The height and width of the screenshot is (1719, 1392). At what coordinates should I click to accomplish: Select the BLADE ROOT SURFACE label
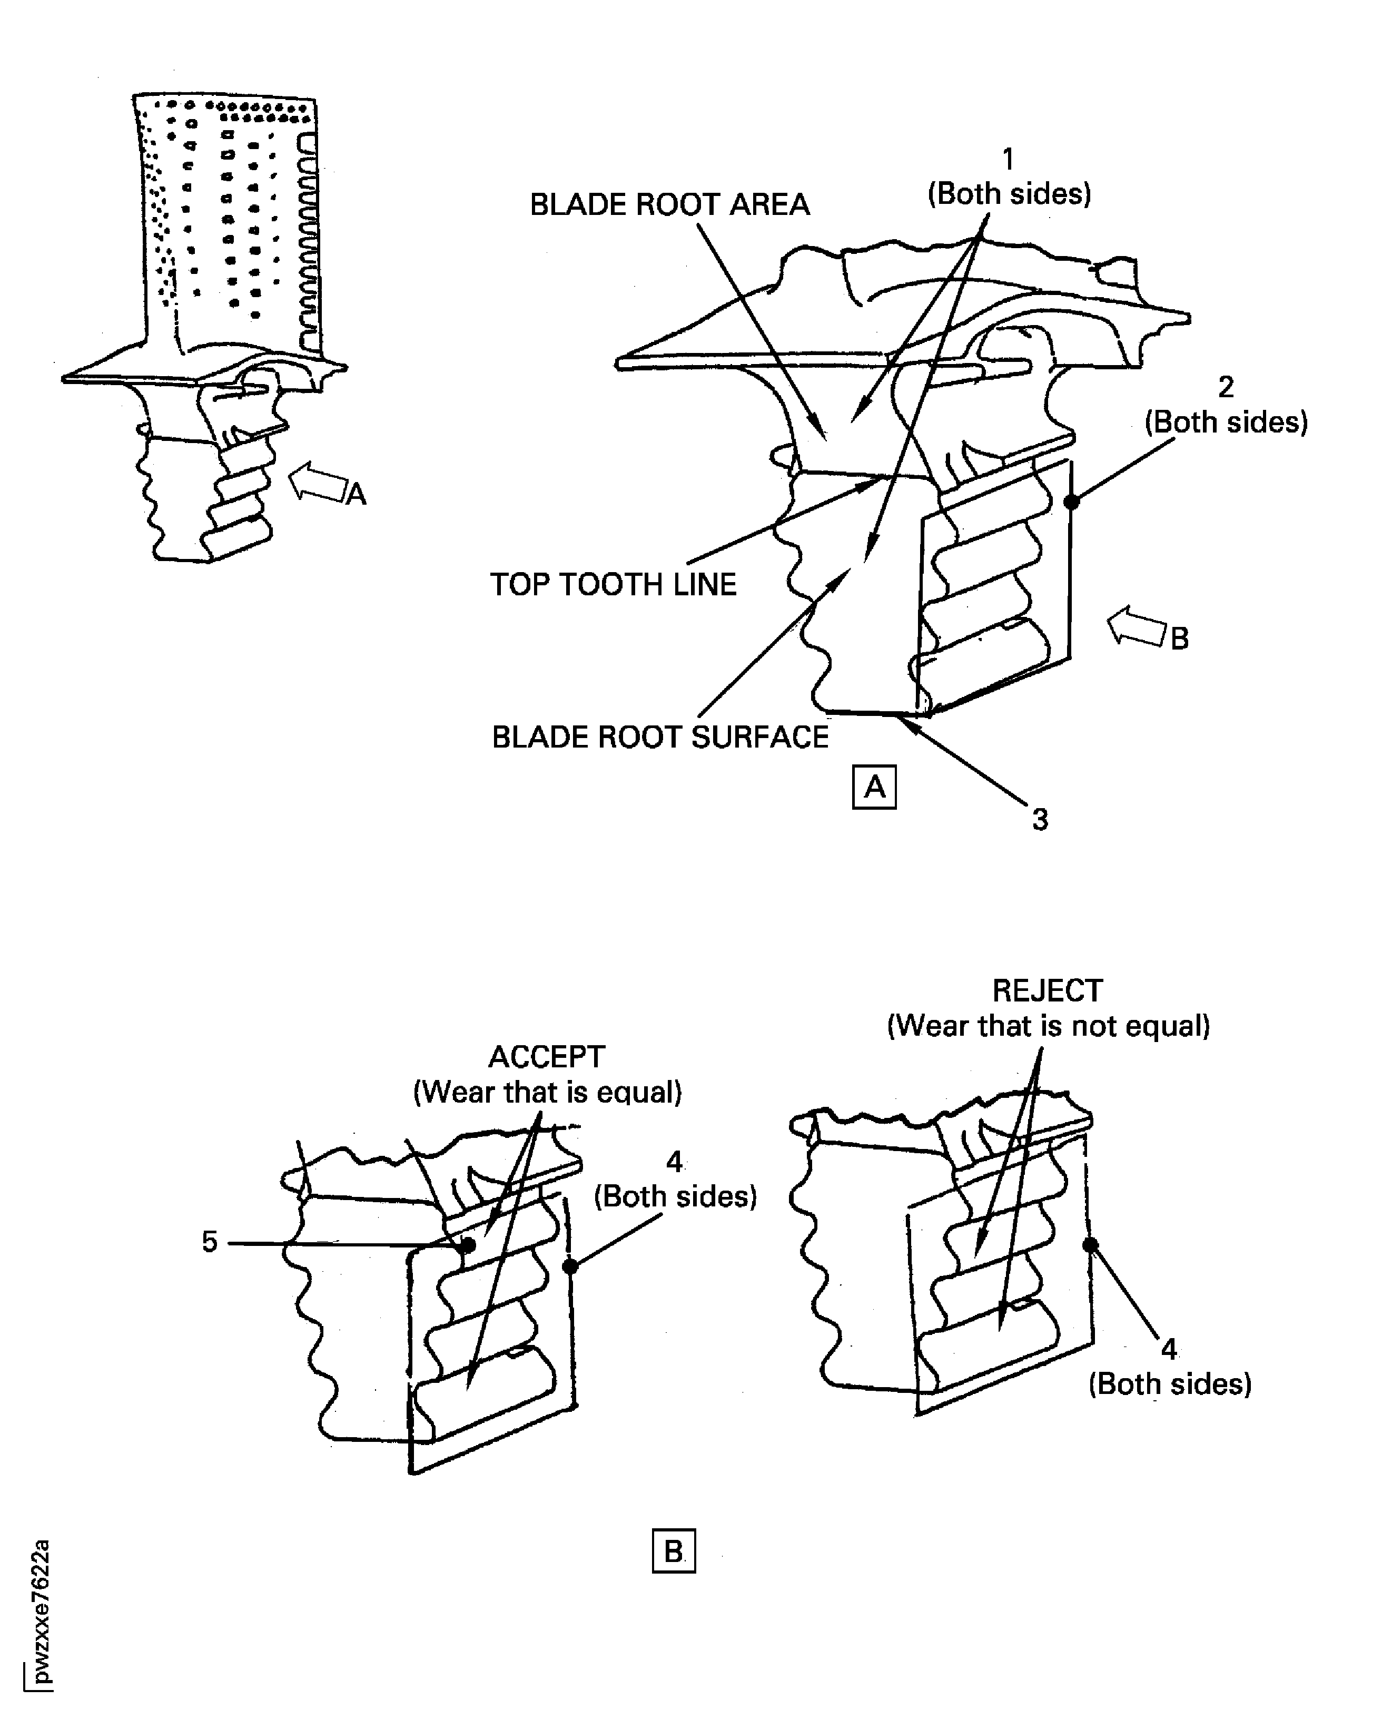(x=660, y=736)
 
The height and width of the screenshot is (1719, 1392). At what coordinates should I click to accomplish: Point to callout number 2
(x=1225, y=387)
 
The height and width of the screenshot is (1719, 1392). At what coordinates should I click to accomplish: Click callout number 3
(x=1040, y=819)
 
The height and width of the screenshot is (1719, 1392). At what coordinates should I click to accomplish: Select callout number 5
(x=209, y=1242)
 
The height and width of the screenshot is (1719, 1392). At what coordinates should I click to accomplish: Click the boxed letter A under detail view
(x=874, y=787)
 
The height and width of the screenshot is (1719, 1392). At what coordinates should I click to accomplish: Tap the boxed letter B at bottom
(x=674, y=1552)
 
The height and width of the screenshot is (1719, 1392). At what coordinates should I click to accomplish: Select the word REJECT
(x=1047, y=990)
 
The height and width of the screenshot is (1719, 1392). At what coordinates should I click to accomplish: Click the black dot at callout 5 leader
(x=468, y=1245)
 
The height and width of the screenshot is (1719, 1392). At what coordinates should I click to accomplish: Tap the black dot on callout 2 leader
(x=1071, y=502)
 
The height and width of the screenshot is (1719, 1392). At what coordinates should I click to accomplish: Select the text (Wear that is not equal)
(x=1048, y=1025)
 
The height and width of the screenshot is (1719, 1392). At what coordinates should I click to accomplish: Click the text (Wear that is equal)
(x=547, y=1092)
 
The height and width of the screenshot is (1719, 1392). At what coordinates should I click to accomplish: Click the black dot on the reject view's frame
(x=1090, y=1245)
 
